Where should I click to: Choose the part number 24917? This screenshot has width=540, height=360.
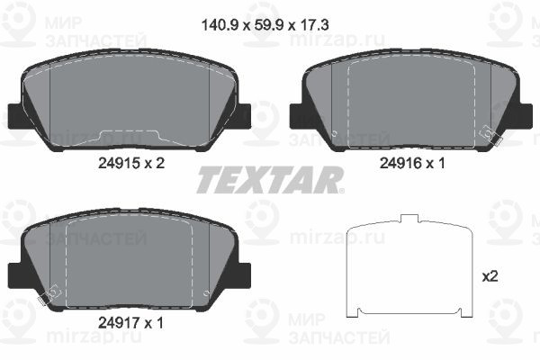coord(116,319)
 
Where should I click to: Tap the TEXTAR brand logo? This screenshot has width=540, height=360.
coord(269,180)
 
